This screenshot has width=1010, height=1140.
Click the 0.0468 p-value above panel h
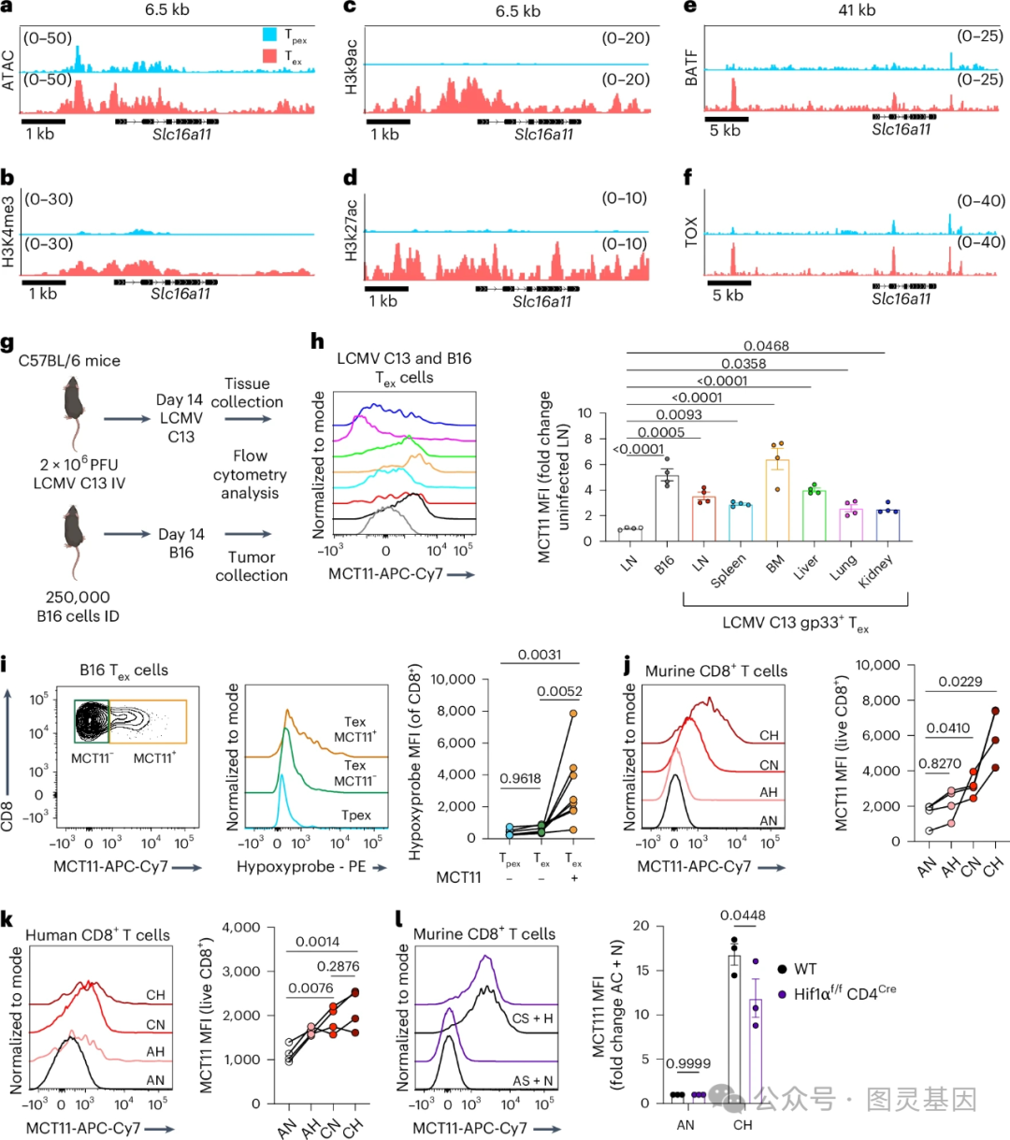tap(766, 346)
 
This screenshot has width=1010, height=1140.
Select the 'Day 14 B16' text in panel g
tap(180, 543)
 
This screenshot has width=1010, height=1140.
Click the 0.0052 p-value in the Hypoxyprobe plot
tap(559, 692)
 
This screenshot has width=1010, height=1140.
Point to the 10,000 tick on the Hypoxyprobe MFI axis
tap(449, 679)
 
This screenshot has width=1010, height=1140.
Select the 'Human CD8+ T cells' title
tap(97, 935)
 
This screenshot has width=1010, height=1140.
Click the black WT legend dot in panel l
tap(782, 969)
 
